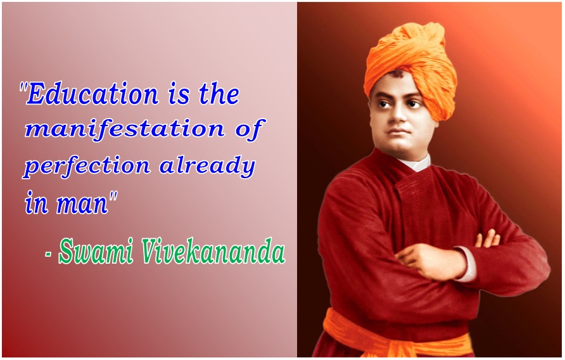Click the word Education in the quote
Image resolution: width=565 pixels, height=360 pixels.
pyautogui.click(x=92, y=94)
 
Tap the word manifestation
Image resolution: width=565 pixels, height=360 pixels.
pyautogui.click(x=125, y=129)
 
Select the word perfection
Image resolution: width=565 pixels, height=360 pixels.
pyautogui.click(x=87, y=167)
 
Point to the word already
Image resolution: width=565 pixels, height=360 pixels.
pyautogui.click(x=207, y=166)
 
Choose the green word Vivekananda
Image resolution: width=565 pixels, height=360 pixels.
pyautogui.click(x=213, y=251)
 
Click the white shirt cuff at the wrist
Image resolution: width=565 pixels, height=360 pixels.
pyautogui.click(x=467, y=263)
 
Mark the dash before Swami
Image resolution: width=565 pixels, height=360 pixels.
pyautogui.click(x=48, y=254)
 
